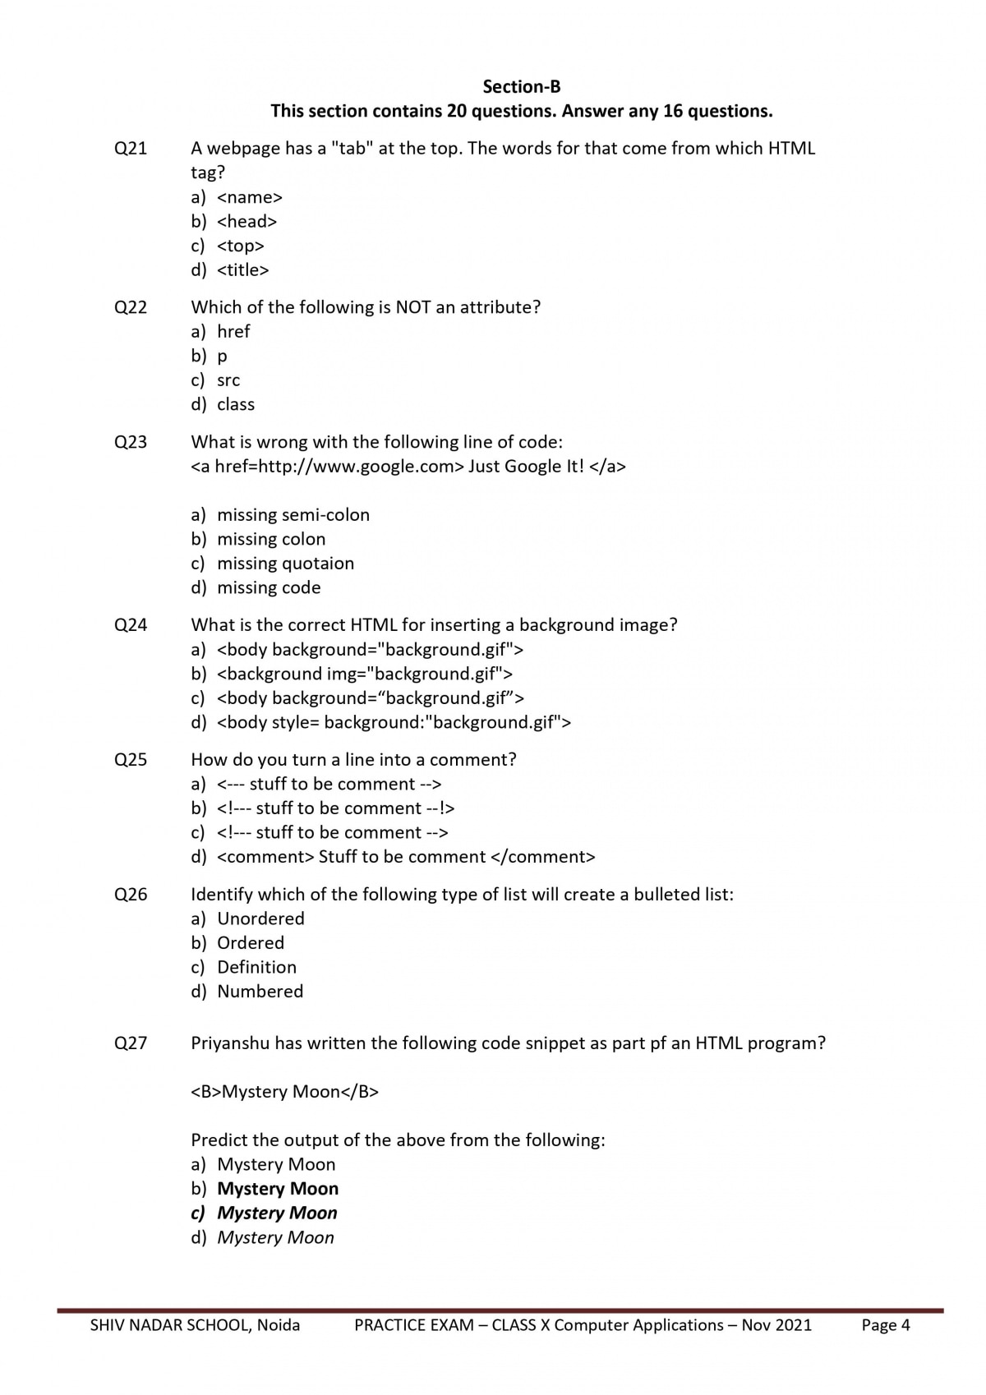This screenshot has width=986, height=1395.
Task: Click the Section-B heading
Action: (521, 86)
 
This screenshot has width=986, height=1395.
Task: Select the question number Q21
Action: (131, 149)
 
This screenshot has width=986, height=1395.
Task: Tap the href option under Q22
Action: (233, 332)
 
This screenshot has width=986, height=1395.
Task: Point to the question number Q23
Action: (131, 442)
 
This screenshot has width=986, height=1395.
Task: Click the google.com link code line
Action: (408, 467)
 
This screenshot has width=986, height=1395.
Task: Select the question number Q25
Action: (131, 760)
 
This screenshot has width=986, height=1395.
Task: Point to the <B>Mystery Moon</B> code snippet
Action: (285, 1092)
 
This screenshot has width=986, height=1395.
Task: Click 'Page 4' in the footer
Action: (886, 1325)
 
